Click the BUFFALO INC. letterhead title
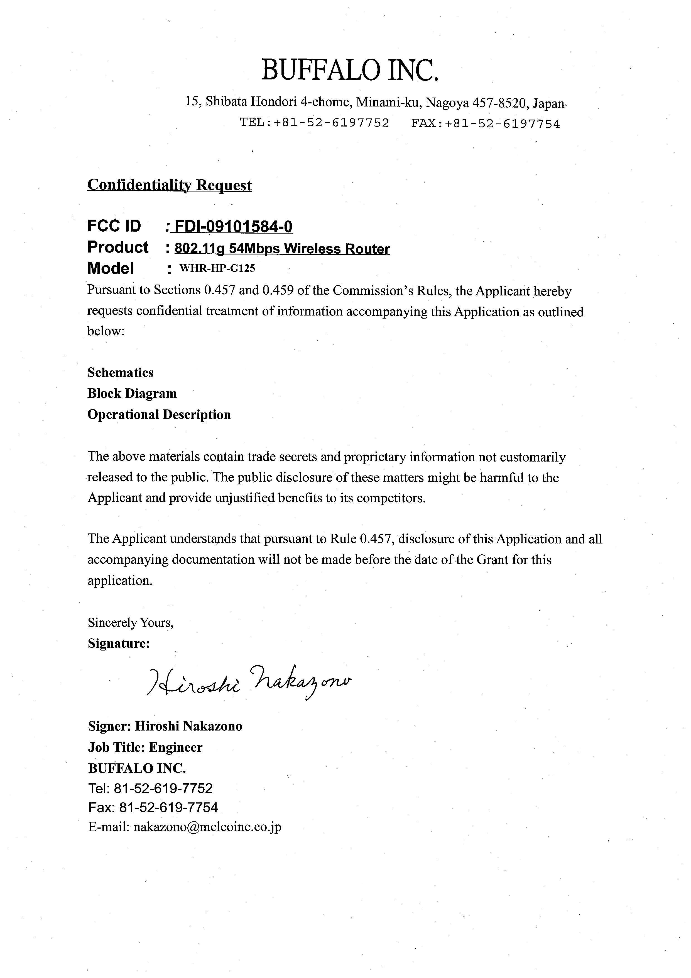[x=349, y=70]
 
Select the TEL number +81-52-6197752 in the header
[x=331, y=123]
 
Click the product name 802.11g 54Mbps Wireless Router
[x=282, y=249]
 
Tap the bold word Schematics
[x=121, y=373]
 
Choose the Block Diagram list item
[x=132, y=394]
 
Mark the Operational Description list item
[x=159, y=414]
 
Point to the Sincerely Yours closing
[x=131, y=623]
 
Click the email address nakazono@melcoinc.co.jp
[x=207, y=827]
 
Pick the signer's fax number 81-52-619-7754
[x=168, y=807]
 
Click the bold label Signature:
[x=119, y=643]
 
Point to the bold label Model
[x=110, y=268]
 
